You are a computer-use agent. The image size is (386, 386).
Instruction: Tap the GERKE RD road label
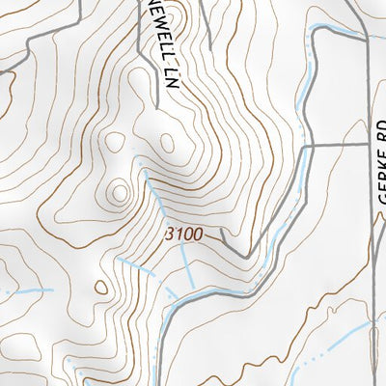click(x=378, y=168)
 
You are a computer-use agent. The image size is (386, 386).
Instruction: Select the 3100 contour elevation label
click(x=184, y=234)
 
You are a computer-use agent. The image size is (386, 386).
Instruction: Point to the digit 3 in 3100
click(x=170, y=234)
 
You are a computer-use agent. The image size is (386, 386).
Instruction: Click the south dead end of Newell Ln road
click(x=154, y=102)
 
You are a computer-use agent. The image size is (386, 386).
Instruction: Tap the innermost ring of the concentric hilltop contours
click(x=120, y=193)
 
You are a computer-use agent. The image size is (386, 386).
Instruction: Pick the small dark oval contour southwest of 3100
click(x=101, y=287)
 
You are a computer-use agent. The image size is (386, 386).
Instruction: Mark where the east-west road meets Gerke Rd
click(x=368, y=146)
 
